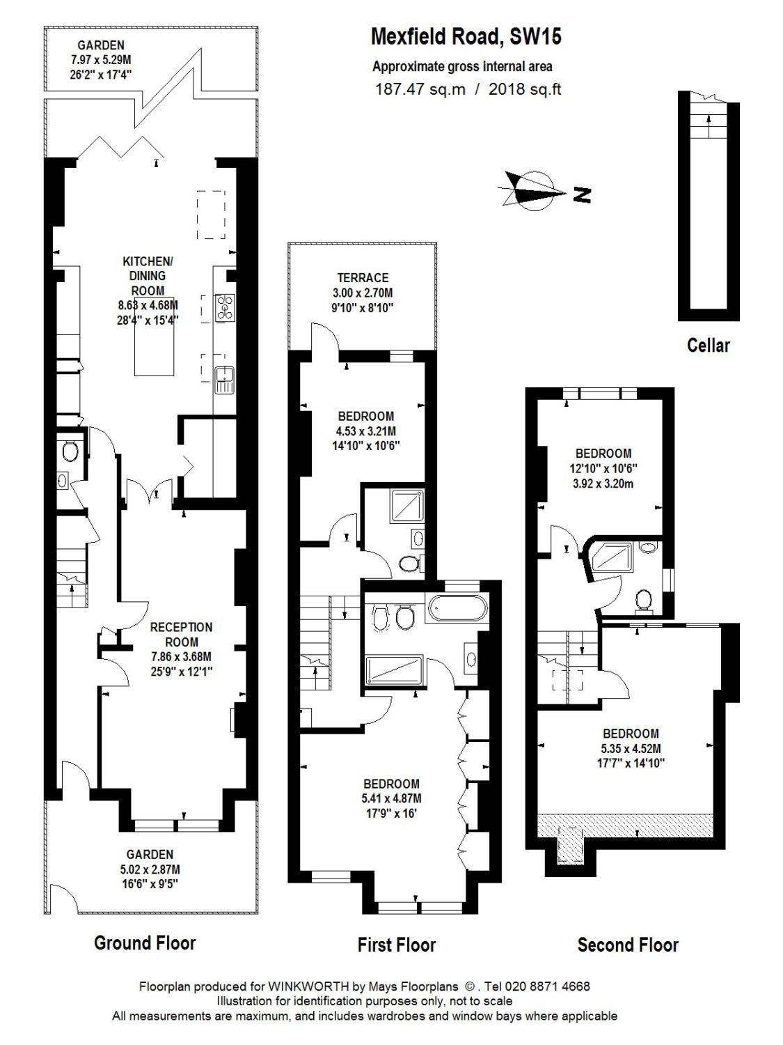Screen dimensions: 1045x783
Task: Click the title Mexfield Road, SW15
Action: point(466,36)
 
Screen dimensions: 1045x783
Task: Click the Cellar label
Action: point(708,345)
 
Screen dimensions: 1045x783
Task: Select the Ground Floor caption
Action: point(145,943)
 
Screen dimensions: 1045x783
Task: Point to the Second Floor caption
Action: point(627,945)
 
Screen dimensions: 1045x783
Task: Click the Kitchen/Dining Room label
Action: point(148,276)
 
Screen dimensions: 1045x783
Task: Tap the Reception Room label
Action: point(181,635)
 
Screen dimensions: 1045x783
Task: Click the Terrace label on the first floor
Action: point(363,277)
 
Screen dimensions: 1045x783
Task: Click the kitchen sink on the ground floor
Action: point(224,380)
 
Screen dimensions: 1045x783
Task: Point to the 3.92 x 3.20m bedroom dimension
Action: point(603,483)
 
